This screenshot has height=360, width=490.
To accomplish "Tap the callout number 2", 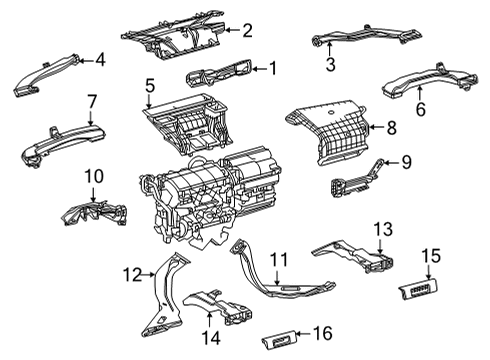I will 248,30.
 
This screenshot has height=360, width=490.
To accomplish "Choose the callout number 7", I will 91,101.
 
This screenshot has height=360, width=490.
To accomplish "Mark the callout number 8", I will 392,127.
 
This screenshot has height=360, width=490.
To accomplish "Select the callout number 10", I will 93,178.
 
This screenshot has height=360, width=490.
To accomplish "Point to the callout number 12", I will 131,274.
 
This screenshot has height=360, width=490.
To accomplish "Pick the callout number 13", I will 382,229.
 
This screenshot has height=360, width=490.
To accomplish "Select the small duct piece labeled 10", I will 98,212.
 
